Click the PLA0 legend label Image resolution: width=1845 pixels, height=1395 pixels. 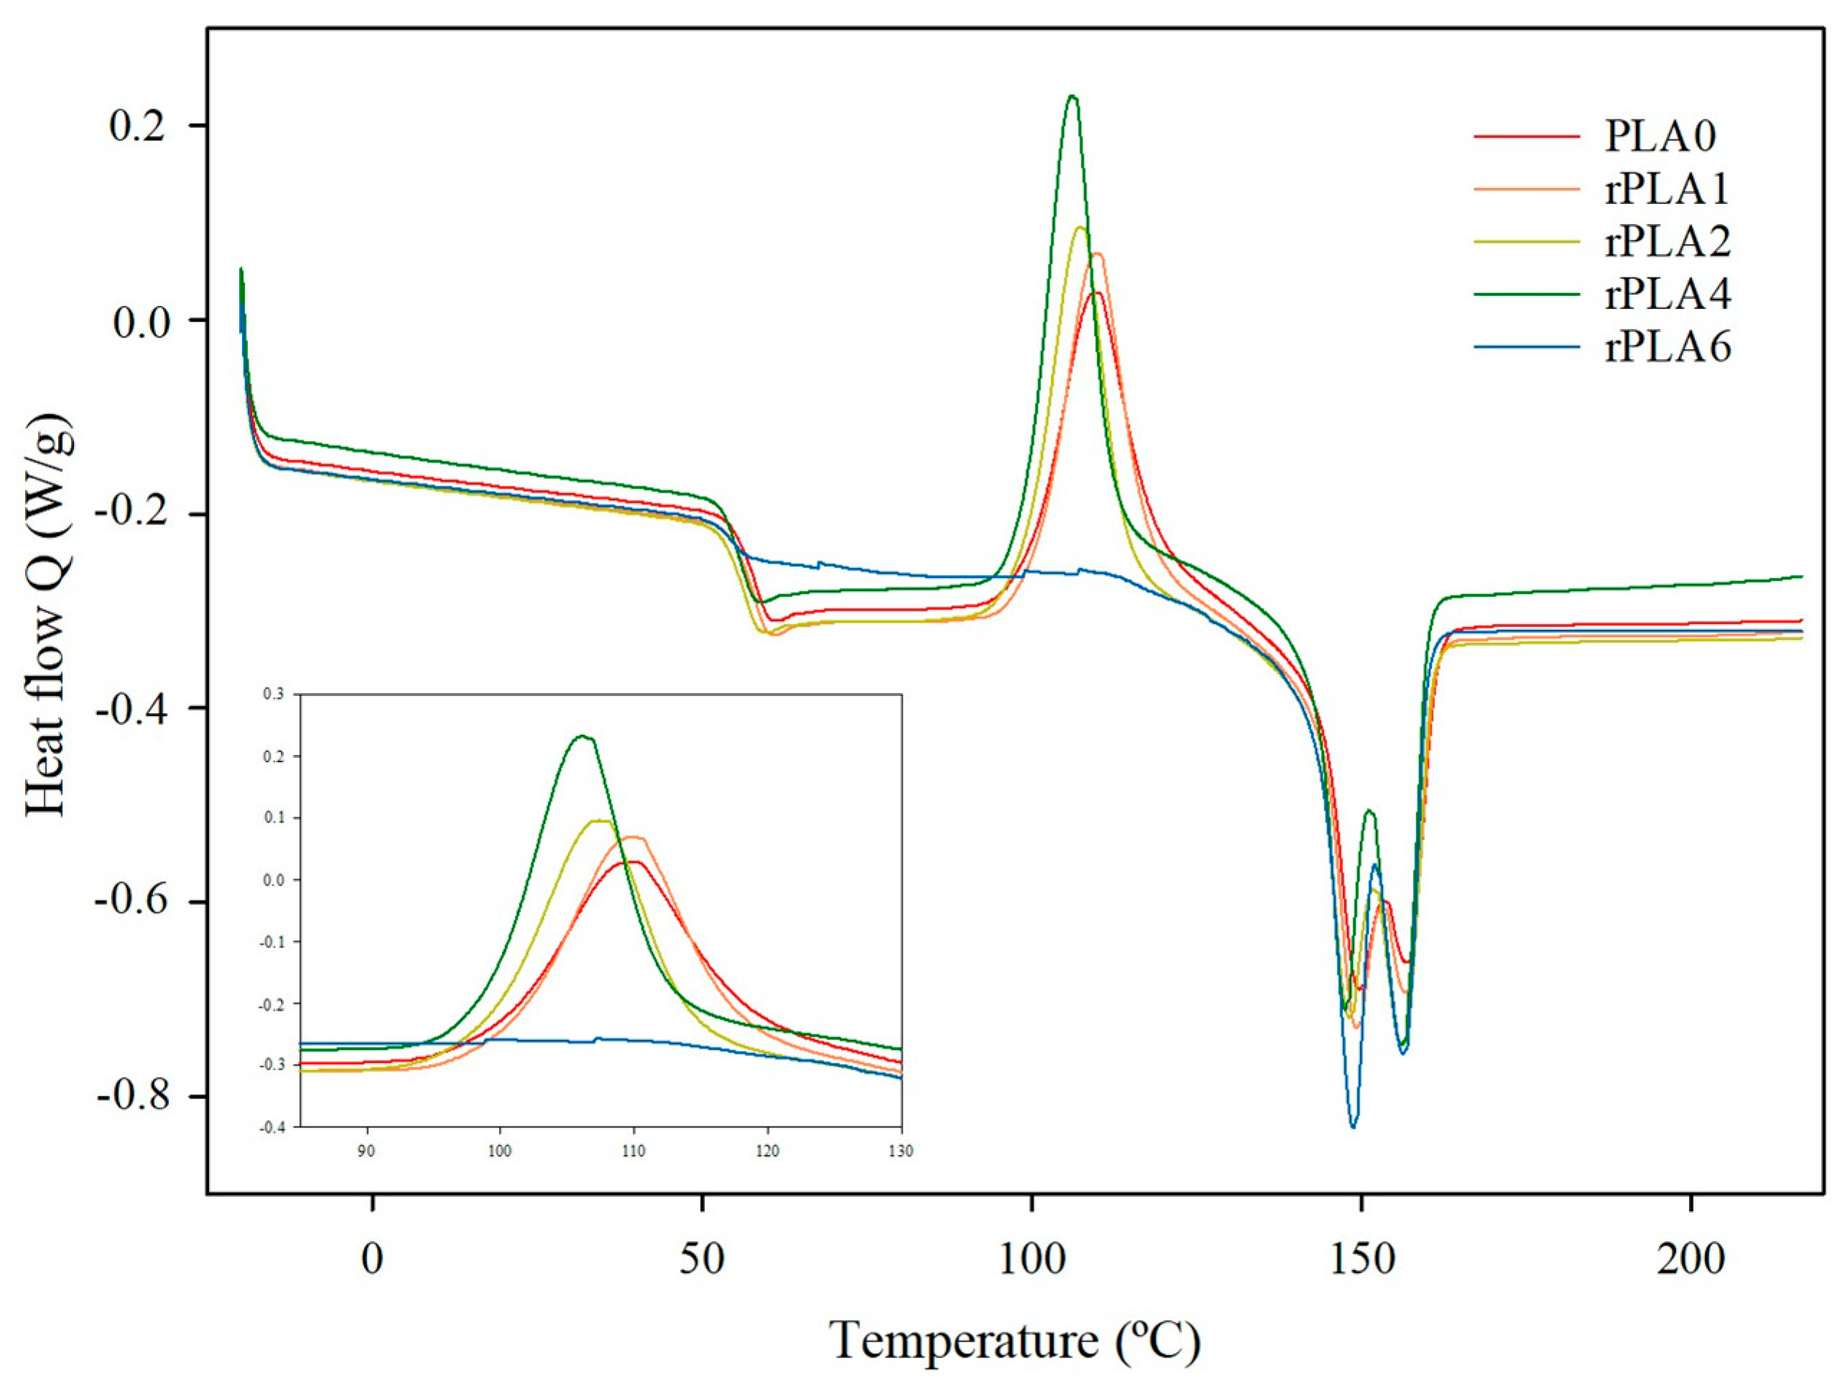[x=1660, y=136]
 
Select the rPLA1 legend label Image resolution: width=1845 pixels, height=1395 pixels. [x=1668, y=190]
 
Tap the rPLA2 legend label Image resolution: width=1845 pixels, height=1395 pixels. [x=1668, y=242]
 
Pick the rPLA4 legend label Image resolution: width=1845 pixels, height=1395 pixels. [x=1668, y=295]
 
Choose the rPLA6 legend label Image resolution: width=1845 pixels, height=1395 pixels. [x=1668, y=347]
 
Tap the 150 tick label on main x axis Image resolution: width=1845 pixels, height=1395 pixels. [x=1361, y=1259]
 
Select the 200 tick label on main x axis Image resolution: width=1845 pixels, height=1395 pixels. [x=1691, y=1259]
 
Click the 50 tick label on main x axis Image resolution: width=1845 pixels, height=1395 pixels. [x=702, y=1259]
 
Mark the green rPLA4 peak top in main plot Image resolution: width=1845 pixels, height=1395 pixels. [x=1073, y=96]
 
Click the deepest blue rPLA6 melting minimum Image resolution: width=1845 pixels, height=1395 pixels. [x=1353, y=1126]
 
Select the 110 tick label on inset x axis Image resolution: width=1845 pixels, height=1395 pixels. [x=634, y=1151]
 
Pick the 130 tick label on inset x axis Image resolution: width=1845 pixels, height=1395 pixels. [x=901, y=1151]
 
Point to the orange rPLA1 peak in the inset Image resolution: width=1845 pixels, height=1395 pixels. [x=634, y=837]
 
